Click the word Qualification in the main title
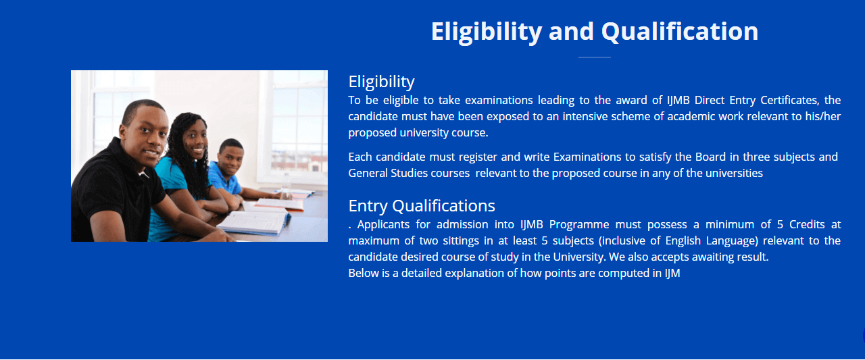(680, 32)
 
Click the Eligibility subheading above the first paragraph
(382, 82)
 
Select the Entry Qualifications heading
(422, 205)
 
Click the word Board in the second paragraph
(710, 157)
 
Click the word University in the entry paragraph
(578, 257)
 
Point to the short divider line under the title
(594, 57)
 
